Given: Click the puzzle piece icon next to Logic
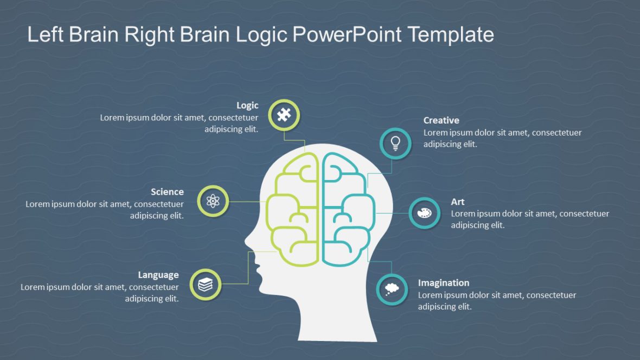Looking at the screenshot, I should [284, 115].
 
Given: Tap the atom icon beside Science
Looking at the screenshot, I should [213, 202].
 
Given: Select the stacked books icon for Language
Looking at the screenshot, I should [206, 284].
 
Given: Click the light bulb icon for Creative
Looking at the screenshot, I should [395, 143].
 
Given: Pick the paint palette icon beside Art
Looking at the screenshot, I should [424, 213].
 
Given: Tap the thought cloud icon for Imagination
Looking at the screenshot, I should [392, 289].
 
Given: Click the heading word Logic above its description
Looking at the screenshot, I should [247, 105].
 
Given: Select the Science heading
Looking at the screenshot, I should [167, 192].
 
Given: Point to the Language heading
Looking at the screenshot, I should [158, 275].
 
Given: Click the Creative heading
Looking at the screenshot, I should [441, 120].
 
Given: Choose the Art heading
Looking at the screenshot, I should [457, 202].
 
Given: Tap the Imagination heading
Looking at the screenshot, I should [443, 283].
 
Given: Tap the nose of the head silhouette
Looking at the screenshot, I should [248, 238].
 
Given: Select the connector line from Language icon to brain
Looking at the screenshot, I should [248, 271].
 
